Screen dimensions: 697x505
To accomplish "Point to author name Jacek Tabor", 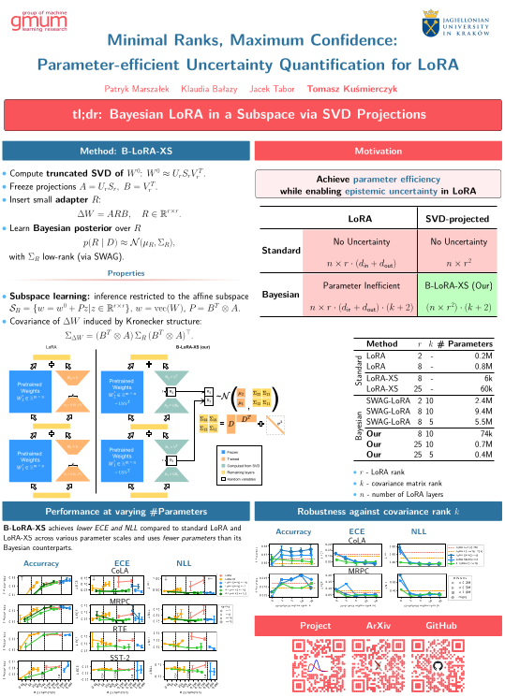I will click(274, 89).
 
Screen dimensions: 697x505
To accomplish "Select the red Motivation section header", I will click(378, 151).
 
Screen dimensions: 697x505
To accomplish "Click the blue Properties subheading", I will click(126, 273).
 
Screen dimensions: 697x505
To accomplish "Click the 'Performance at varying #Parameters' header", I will click(125, 512).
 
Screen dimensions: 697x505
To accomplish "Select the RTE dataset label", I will click(121, 631).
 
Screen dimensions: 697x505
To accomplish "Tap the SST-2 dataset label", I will click(121, 661).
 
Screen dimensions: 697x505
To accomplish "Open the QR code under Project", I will click(316, 665).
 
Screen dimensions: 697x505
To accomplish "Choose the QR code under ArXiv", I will click(378, 665).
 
